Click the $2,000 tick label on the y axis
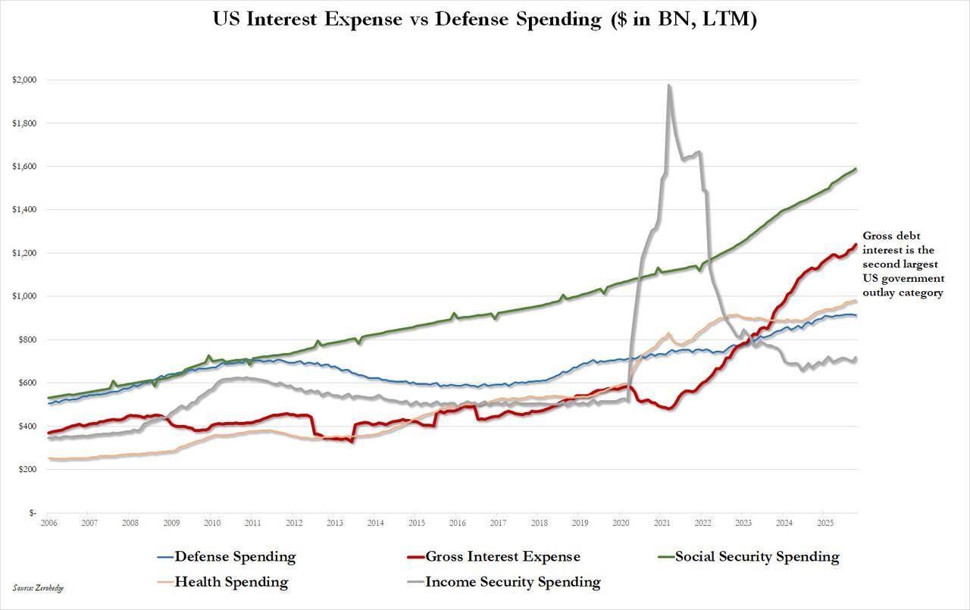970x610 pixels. click(23, 80)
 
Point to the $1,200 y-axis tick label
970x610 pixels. click(23, 253)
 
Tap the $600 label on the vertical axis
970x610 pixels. click(26, 383)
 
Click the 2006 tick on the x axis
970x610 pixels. click(48, 523)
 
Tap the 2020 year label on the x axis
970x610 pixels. click(621, 523)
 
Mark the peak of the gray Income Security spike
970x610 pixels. click(668, 85)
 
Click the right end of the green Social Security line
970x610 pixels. click(856, 169)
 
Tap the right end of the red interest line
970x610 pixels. click(856, 244)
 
